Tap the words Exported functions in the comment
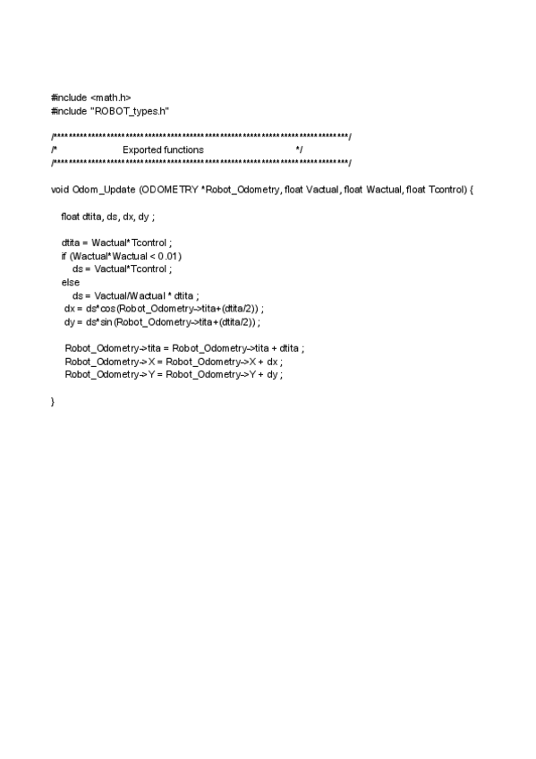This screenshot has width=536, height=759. (x=163, y=149)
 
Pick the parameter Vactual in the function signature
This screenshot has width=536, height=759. (x=323, y=189)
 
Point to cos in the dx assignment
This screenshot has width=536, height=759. (x=102, y=308)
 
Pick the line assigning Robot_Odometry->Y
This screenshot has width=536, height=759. (x=174, y=374)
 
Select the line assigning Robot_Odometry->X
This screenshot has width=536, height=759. (x=174, y=361)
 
